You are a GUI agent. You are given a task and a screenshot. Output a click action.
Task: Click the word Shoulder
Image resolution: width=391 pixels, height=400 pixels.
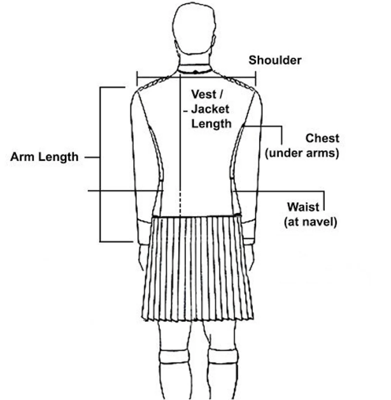(274, 60)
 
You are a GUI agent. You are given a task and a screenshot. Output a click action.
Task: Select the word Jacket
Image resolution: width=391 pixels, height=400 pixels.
(211, 111)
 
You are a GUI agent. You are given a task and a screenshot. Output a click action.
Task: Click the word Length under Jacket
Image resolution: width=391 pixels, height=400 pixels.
(211, 124)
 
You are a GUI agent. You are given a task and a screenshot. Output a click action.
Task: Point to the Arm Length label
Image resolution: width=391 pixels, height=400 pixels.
(45, 156)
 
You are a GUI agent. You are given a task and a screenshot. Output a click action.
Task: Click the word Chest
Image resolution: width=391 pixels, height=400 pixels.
(322, 139)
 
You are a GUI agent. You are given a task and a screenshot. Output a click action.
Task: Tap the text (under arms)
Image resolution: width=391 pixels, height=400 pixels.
(301, 153)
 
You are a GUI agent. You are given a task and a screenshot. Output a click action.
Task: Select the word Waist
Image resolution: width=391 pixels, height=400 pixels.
(303, 208)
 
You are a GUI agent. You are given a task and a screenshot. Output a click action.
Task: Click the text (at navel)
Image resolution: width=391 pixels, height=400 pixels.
(310, 222)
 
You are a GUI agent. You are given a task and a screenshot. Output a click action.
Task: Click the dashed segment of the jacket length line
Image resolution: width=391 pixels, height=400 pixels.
(181, 202)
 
